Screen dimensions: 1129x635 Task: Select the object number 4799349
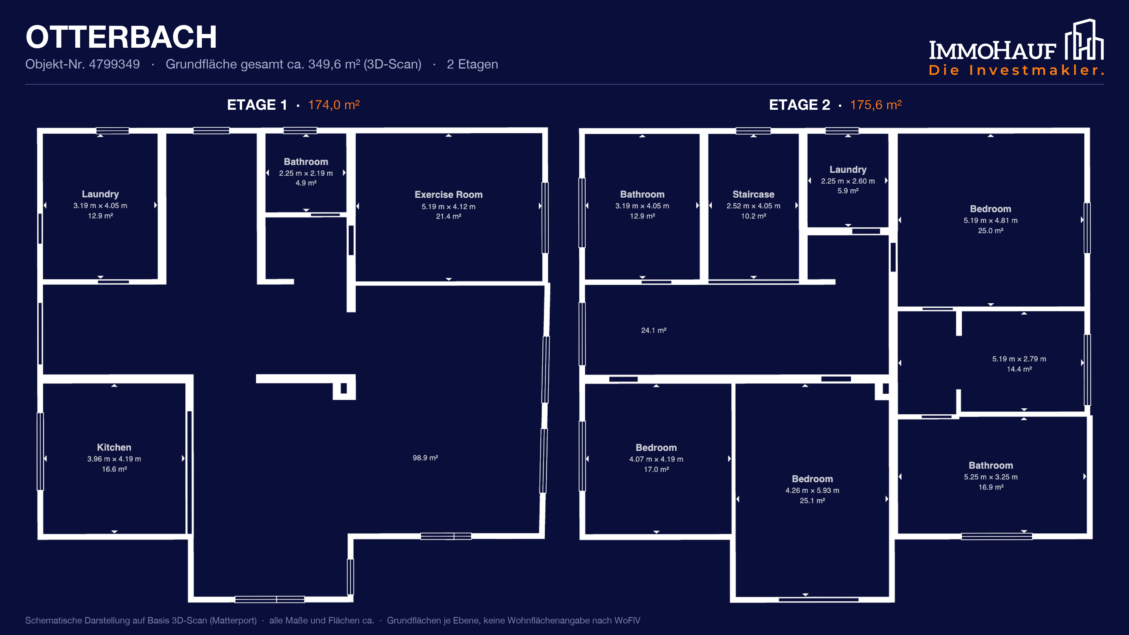[114, 64]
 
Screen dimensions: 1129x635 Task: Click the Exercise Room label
[448, 195]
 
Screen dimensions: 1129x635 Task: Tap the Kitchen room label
[114, 447]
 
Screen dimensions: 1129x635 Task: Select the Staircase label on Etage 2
[754, 194]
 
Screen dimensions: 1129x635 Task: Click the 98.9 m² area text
[425, 458]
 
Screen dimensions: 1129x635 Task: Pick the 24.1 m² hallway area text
[654, 330]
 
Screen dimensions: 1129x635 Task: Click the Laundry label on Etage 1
[100, 194]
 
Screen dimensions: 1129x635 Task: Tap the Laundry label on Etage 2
[848, 170]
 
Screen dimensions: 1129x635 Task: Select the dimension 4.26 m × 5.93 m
[812, 490]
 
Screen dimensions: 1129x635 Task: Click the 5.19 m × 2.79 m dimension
[1019, 359]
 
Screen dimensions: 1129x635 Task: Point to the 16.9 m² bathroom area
[991, 487]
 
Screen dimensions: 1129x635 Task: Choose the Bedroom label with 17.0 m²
[656, 448]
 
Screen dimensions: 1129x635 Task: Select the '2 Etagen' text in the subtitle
[472, 64]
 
